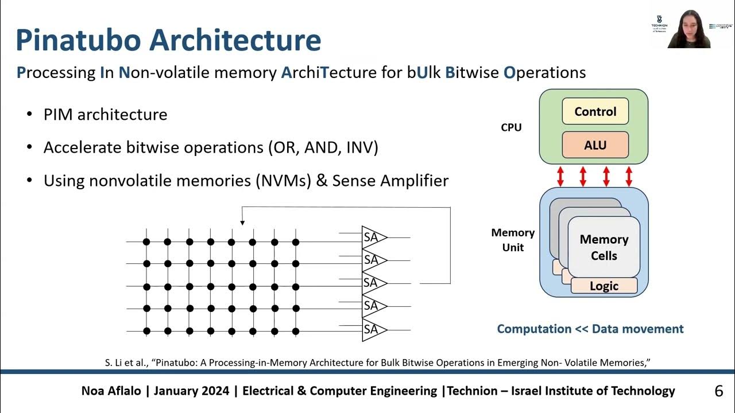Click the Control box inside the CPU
point(595,112)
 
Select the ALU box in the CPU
point(595,146)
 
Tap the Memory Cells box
point(604,247)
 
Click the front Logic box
point(604,286)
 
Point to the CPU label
point(511,127)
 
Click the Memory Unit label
point(513,240)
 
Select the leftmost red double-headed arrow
point(560,176)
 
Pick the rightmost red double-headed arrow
point(629,176)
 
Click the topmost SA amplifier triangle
point(373,237)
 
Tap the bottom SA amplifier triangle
point(373,330)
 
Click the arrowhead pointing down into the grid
point(242,222)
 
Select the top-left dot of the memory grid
point(146,242)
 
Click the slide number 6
point(718,391)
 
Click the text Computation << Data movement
point(590,329)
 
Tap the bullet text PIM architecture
point(105,115)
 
